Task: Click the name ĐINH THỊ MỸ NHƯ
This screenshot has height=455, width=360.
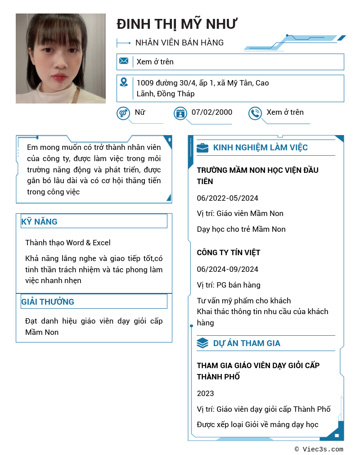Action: (177, 24)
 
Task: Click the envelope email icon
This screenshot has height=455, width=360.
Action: (124, 61)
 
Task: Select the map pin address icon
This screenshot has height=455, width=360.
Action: (124, 82)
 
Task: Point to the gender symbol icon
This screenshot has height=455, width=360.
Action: (123, 113)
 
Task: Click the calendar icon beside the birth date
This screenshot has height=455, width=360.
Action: (180, 113)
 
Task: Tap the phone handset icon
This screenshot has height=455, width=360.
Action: (255, 113)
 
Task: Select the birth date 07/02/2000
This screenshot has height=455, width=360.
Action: (211, 113)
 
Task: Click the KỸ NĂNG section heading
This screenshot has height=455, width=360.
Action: (40, 221)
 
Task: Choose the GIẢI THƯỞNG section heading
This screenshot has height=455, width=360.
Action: (48, 302)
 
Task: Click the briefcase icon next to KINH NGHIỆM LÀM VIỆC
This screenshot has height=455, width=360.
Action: (202, 148)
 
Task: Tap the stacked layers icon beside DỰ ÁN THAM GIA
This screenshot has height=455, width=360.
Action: (202, 343)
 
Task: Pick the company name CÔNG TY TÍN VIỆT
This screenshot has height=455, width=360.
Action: (229, 252)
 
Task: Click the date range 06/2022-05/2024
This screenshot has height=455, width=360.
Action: (228, 198)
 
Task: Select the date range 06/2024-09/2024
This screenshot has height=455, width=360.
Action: (228, 269)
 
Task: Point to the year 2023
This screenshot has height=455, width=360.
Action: (206, 393)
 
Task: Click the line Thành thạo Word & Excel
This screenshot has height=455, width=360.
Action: (68, 243)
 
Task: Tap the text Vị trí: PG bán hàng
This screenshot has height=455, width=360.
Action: (229, 285)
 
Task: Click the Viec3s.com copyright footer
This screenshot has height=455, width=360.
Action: (319, 449)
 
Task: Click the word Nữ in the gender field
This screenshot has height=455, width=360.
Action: (140, 113)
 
